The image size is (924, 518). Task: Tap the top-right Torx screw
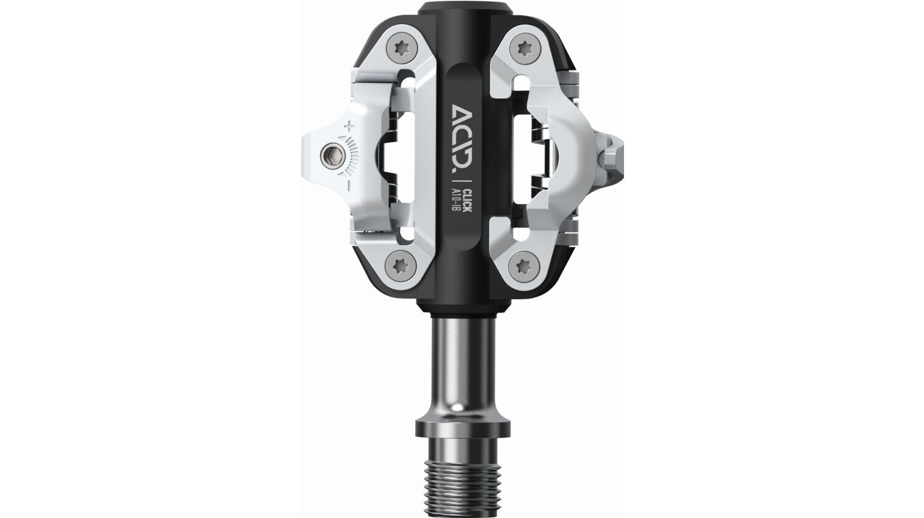click(524, 47)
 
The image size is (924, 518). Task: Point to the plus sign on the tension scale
click(350, 127)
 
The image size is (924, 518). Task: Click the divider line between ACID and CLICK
click(463, 183)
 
